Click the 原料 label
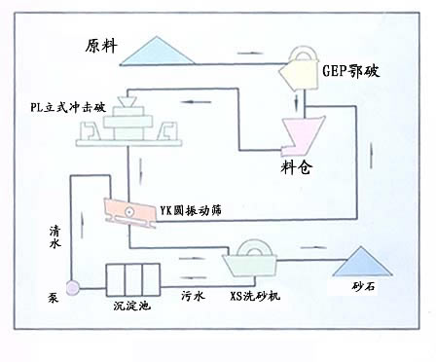101,46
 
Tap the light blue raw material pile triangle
157,52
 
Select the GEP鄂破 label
351,70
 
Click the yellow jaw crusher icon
299,69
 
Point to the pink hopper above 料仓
302,134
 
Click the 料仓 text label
297,167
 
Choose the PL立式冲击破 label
68,107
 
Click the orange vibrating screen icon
129,211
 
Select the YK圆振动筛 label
191,210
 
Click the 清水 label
54,236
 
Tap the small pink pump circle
72,288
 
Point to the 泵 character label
54,298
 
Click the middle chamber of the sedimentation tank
133,279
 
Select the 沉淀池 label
132,306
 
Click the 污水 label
193,296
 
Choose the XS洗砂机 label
255,296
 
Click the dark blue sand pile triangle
362,262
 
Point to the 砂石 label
364,286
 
